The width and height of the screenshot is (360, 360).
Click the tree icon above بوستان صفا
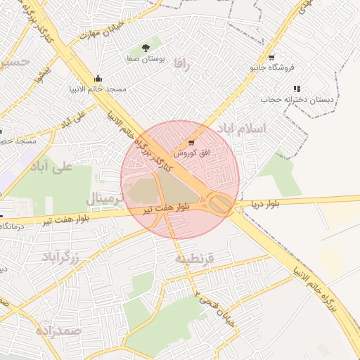[x=146, y=49]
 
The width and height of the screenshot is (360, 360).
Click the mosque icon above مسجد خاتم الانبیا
[x=98, y=78]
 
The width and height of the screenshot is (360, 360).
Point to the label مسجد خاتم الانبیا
[x=102, y=89]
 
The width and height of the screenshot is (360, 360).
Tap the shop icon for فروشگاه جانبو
[x=271, y=57]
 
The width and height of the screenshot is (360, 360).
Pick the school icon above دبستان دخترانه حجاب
[x=297, y=89]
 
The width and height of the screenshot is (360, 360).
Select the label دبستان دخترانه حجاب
[x=296, y=100]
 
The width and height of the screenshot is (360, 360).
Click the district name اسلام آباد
[x=241, y=128]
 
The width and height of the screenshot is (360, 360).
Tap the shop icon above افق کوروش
[x=191, y=142]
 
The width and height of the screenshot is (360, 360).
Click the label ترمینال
[x=108, y=198]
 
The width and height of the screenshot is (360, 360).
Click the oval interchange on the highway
[x=220, y=204]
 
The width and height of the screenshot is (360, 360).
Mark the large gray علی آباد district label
[x=53, y=167]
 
